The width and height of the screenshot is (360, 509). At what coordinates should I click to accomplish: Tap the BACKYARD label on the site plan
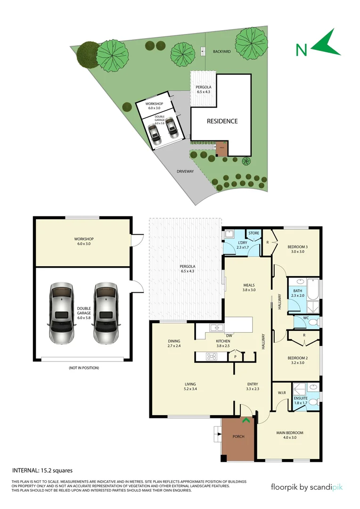(x=221, y=51)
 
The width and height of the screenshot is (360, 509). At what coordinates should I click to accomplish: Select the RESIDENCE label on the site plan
(x=222, y=121)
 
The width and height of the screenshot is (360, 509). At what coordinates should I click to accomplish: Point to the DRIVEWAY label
(x=185, y=172)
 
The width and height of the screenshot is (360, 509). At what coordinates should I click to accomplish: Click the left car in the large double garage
(x=61, y=314)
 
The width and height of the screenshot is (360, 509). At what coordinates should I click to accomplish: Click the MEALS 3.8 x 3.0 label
(x=249, y=287)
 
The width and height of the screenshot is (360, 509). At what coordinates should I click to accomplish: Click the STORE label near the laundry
(x=254, y=233)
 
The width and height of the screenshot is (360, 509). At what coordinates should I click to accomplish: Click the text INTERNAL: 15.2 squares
(x=42, y=470)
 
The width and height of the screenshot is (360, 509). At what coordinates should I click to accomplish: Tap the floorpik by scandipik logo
(x=307, y=487)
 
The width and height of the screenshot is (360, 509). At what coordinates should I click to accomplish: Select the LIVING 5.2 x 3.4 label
(x=190, y=386)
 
